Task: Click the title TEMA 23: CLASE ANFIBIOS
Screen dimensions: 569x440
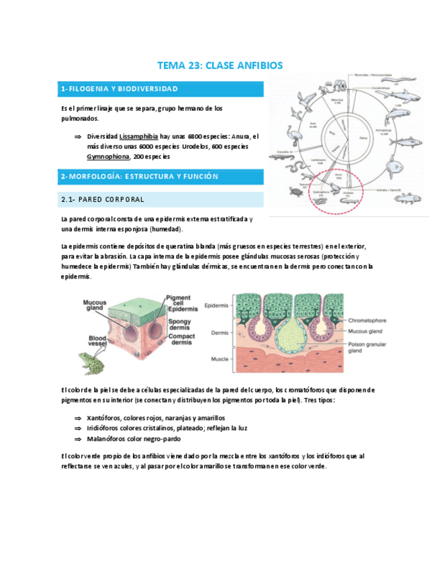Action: pyautogui.click(x=220, y=66)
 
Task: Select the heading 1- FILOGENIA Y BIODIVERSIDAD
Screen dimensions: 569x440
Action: pyautogui.click(x=120, y=89)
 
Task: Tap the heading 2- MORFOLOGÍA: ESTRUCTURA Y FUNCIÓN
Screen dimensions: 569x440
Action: pyautogui.click(x=140, y=176)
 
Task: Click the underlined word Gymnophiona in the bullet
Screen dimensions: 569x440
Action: pyautogui.click(x=108, y=156)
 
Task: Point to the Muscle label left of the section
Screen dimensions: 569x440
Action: pyautogui.click(x=220, y=359)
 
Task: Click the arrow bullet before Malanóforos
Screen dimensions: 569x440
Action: pyautogui.click(x=77, y=439)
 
